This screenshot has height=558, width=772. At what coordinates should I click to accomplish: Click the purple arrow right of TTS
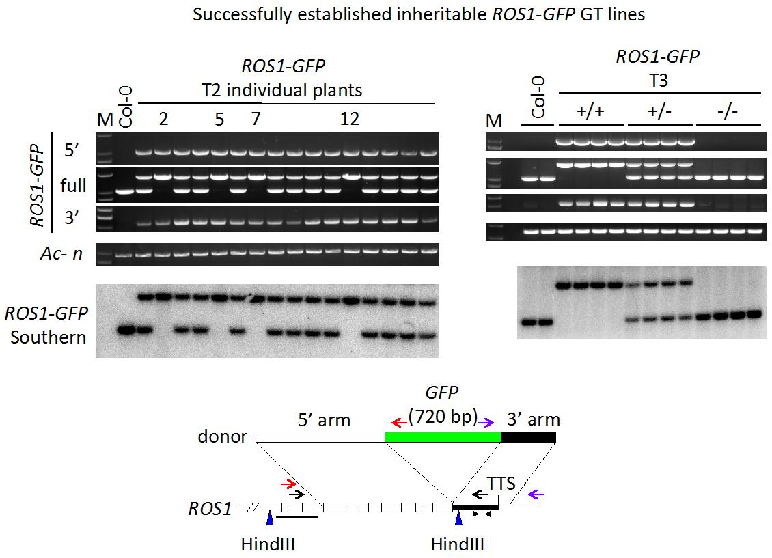538,493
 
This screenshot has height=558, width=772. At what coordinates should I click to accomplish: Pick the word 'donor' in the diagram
223,436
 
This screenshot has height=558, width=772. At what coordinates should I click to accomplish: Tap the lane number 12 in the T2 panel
350,119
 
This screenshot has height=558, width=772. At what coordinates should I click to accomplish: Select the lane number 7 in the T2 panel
256,119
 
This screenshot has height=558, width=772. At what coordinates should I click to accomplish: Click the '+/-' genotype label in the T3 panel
659,112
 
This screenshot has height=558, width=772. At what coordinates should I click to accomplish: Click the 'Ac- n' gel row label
62,254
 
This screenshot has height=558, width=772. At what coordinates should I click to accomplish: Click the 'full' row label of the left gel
73,185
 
